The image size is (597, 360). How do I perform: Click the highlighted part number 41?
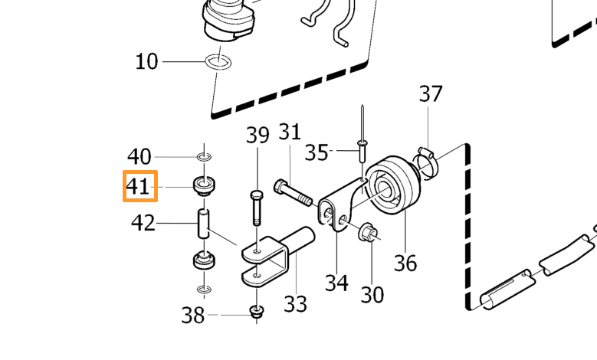click(137, 186)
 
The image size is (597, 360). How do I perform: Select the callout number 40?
click(139, 156)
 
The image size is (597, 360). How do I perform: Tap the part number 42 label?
click(143, 223)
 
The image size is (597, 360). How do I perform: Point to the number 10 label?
click(146, 61)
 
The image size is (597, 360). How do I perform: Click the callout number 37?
click(431, 93)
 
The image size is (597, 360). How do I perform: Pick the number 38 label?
click(193, 315)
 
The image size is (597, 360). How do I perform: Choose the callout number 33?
click(296, 303)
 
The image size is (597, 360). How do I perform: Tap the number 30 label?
click(372, 294)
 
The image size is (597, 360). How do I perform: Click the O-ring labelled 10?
click(218, 62)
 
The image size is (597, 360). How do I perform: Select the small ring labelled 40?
click(205, 156)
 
